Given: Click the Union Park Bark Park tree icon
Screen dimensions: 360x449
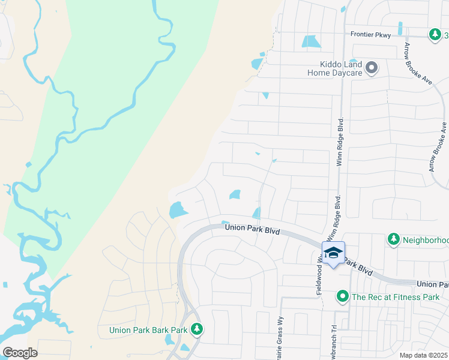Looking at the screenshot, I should [x=196, y=329].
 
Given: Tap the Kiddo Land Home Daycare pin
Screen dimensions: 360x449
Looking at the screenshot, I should [x=372, y=68].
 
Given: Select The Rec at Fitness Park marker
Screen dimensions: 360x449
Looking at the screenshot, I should [x=343, y=296].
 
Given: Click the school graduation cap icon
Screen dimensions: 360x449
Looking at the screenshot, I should [x=333, y=253].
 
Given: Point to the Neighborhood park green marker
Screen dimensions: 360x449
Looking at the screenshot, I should [x=393, y=239].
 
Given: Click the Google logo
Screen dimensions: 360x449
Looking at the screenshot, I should [x=20, y=353].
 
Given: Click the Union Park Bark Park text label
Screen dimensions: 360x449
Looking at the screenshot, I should [x=149, y=329].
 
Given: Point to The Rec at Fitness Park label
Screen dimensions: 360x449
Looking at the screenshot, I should [x=396, y=296].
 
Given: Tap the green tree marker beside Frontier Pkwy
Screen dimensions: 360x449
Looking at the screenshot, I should [x=435, y=35].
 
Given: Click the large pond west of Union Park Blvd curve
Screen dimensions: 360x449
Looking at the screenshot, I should [x=176, y=210].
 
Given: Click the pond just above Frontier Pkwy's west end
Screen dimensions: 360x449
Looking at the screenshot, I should [x=310, y=42].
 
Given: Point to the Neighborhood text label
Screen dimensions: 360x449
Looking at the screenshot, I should [x=425, y=240].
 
